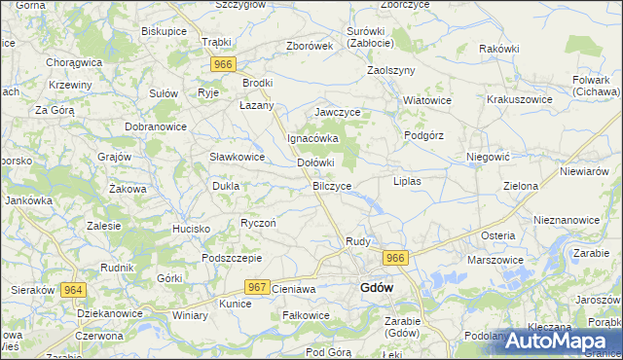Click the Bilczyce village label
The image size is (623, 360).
(x=332, y=184)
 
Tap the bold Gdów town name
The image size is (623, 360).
(x=377, y=287)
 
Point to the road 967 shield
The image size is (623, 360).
(x=257, y=287)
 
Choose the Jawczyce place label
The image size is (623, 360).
(x=338, y=112)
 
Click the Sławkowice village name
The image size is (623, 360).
(x=238, y=157)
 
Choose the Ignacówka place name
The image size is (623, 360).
(x=311, y=138)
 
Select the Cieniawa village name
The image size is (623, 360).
(x=294, y=289)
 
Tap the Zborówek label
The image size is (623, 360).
(x=310, y=46)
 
